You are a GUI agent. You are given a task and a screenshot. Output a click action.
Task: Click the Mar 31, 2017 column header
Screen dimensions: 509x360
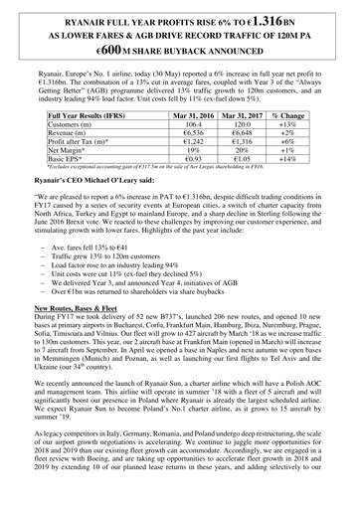coord(260,115)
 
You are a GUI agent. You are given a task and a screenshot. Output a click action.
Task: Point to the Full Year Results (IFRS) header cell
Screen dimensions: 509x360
coord(92,115)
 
